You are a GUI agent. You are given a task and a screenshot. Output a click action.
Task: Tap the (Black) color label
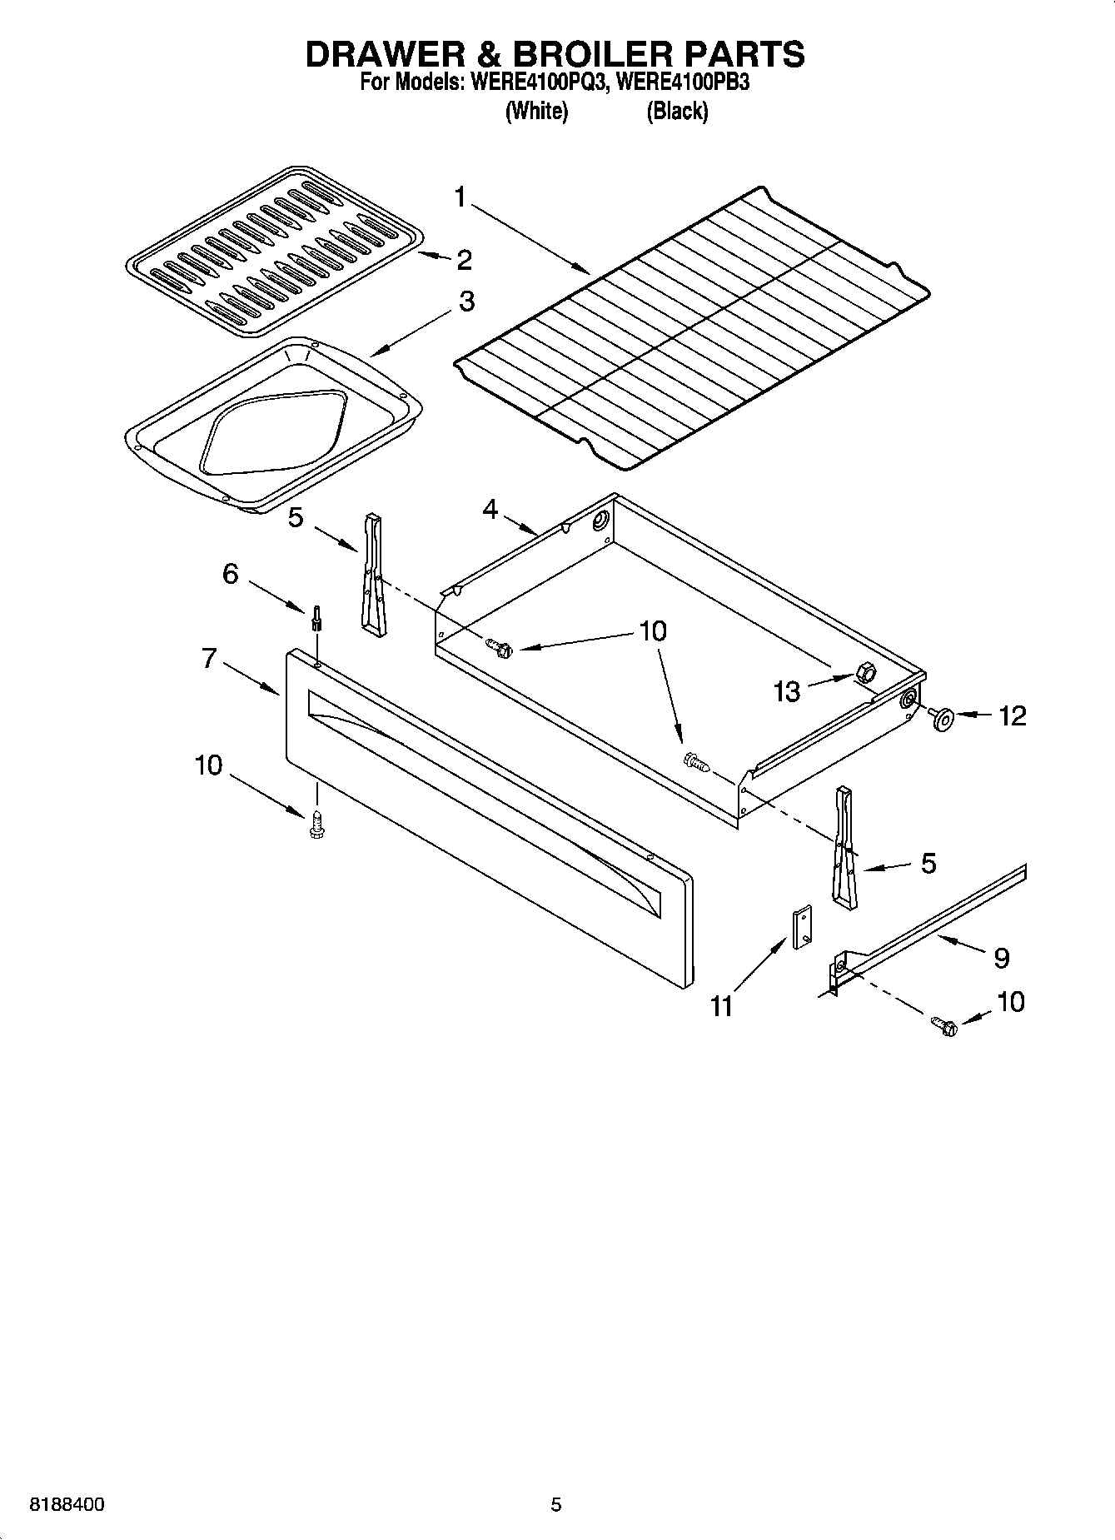(x=677, y=111)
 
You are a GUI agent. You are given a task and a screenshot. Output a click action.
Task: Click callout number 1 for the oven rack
(x=460, y=197)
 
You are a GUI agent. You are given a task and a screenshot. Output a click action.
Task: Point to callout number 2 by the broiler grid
(x=464, y=260)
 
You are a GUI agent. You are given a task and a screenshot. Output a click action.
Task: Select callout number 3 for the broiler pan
(x=466, y=301)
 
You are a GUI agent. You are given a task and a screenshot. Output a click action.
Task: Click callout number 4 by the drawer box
(x=490, y=508)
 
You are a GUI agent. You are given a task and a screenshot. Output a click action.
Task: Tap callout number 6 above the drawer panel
(x=231, y=573)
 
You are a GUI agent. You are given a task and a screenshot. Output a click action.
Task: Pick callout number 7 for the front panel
(x=209, y=659)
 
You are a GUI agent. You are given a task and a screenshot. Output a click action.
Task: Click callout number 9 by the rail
(x=1001, y=958)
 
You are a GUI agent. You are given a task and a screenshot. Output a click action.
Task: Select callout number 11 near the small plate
(x=721, y=1006)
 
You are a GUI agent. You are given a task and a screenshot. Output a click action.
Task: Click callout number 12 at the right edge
(x=1012, y=715)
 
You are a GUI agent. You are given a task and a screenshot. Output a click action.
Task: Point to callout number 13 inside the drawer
(x=786, y=690)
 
